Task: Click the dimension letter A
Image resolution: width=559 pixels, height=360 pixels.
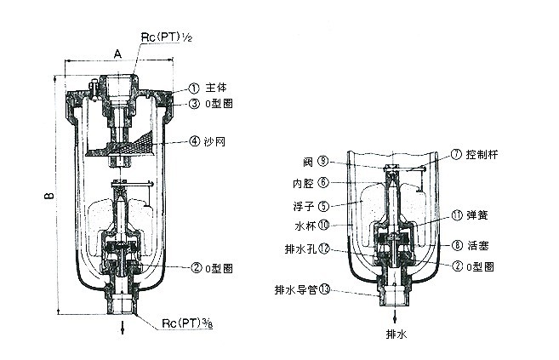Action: click(x=117, y=53)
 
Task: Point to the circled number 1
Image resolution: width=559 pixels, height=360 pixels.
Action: click(x=193, y=88)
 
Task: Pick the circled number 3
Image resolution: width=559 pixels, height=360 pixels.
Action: click(x=193, y=104)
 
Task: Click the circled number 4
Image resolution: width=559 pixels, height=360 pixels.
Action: click(x=193, y=140)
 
